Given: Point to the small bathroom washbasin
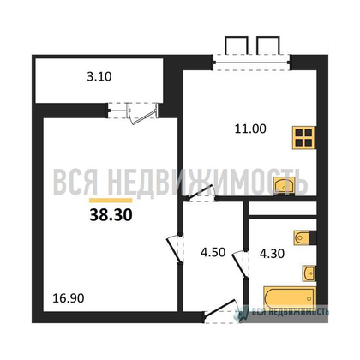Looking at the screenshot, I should click(x=308, y=273).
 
